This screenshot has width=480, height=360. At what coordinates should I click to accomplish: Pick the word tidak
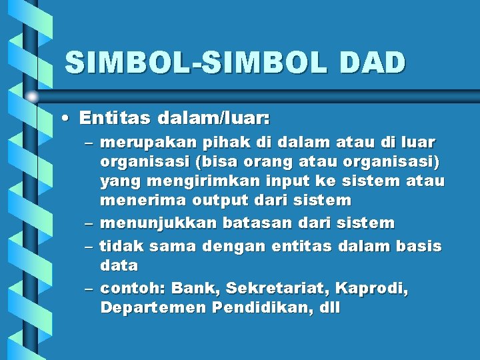tap(122, 246)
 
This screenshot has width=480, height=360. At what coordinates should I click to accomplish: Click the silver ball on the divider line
tap(32, 97)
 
